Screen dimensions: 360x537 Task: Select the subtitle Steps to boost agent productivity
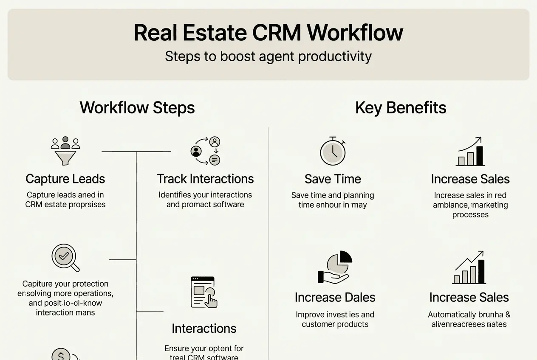[x=268, y=56]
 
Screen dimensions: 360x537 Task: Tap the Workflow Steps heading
[x=137, y=107]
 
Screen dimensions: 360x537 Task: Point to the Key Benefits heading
[x=401, y=107]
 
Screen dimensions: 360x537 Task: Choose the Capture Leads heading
[x=65, y=179]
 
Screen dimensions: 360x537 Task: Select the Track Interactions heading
[x=205, y=179]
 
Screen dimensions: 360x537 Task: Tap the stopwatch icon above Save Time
[x=333, y=152]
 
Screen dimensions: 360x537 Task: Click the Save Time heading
[x=333, y=179]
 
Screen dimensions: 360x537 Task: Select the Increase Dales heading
[x=335, y=297]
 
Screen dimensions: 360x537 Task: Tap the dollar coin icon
[x=61, y=355]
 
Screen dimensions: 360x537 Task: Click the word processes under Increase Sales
[x=470, y=214]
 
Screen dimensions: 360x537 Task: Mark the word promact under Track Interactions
[x=199, y=205]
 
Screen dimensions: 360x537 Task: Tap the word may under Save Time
[x=359, y=205]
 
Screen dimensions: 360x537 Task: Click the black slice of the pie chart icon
[x=346, y=257]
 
